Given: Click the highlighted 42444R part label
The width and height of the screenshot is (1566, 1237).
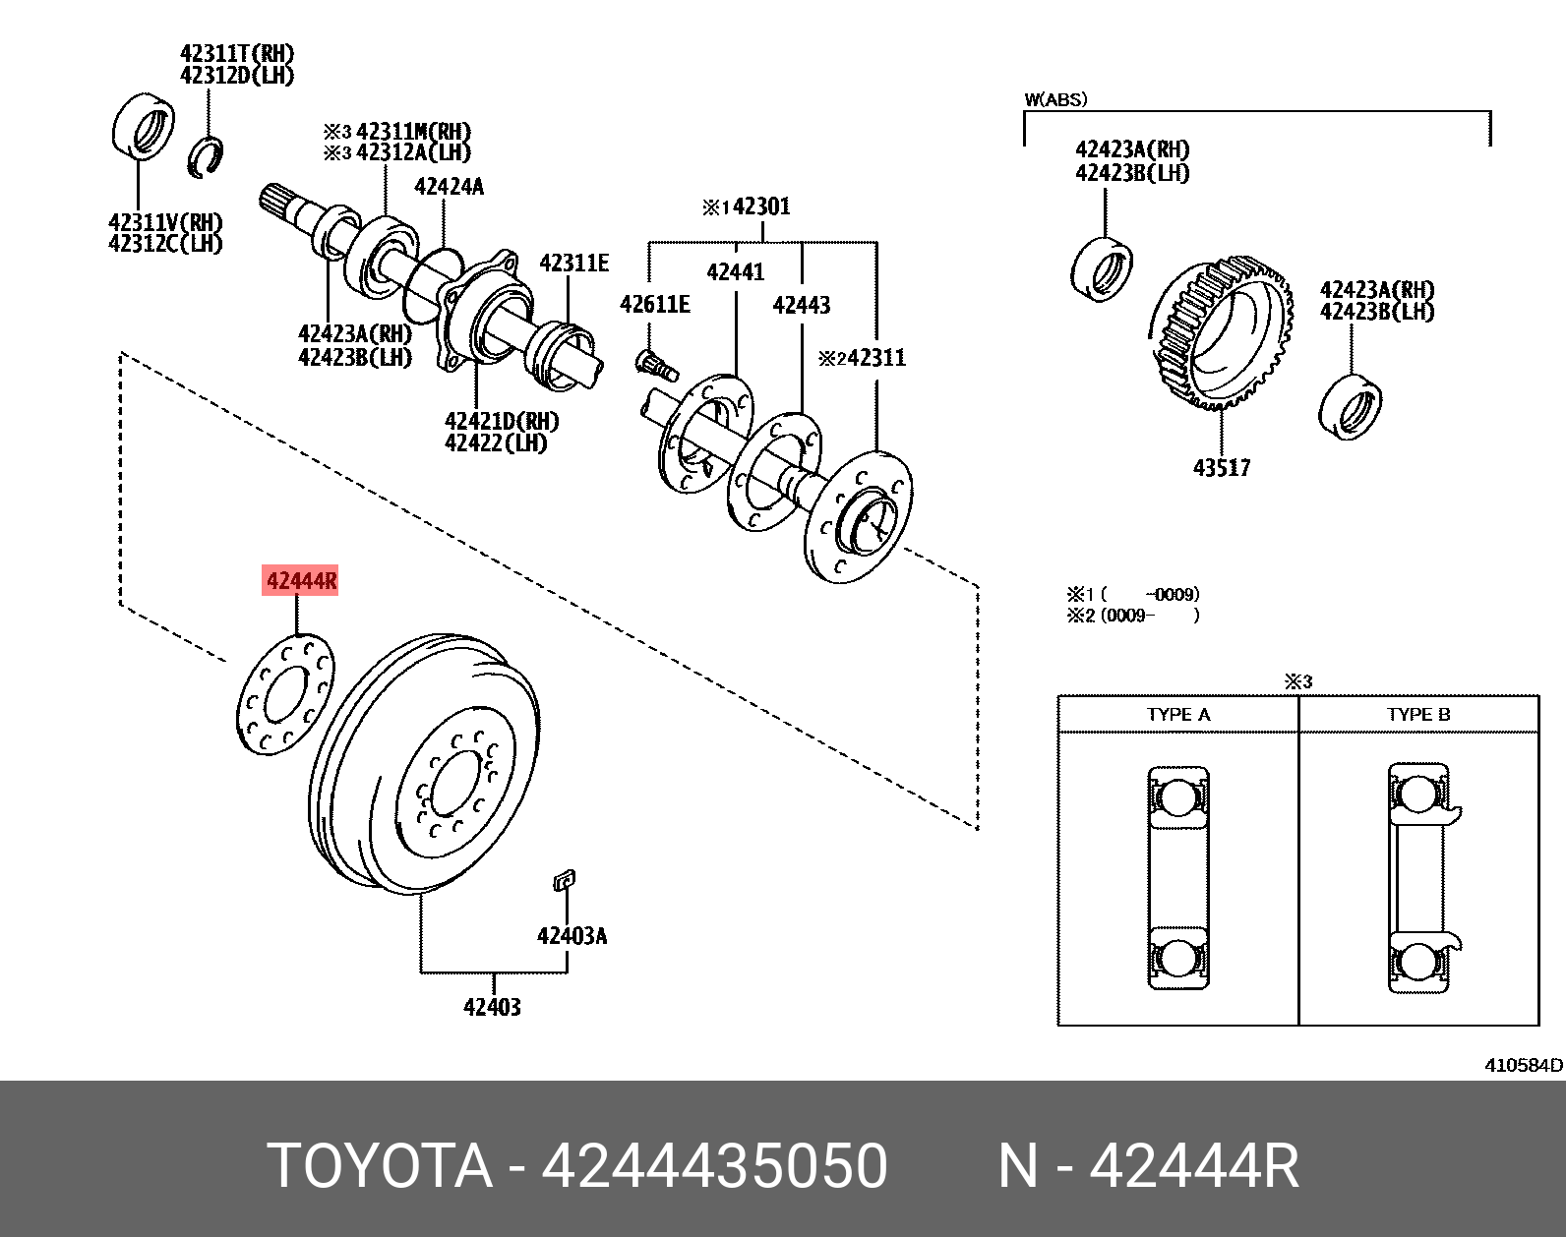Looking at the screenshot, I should click(x=300, y=582).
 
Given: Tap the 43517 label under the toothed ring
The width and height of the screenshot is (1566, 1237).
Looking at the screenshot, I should click(x=1222, y=467).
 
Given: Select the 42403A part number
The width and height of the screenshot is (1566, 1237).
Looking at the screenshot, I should click(x=572, y=935).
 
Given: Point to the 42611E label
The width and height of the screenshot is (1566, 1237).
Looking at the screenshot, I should click(x=654, y=305).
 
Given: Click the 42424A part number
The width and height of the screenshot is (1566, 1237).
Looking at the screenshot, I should click(x=449, y=187).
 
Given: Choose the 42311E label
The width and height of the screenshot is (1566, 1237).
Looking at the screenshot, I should click(x=573, y=263).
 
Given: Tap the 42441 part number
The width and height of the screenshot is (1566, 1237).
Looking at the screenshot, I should click(x=736, y=272).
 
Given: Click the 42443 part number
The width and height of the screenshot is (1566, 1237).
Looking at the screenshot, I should click(x=801, y=305).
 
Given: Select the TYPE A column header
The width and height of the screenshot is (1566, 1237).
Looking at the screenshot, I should click(x=1177, y=715).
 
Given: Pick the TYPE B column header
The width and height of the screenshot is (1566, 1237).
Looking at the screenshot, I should click(x=1418, y=715).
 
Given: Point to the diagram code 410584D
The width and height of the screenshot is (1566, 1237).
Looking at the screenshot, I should click(x=1524, y=1065).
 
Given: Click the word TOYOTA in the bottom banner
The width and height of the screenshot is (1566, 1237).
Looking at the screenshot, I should click(x=380, y=1167).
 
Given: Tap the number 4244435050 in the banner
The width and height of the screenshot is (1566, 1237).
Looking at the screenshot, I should click(x=715, y=1167).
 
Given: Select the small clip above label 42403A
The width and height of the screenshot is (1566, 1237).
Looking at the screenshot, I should click(x=565, y=880).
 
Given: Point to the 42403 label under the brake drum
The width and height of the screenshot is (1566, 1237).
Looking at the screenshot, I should click(x=493, y=1007).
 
